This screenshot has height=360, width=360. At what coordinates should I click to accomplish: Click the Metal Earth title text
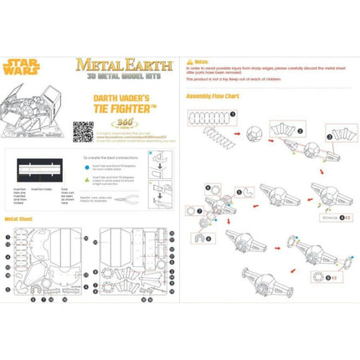click(x=125, y=63)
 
